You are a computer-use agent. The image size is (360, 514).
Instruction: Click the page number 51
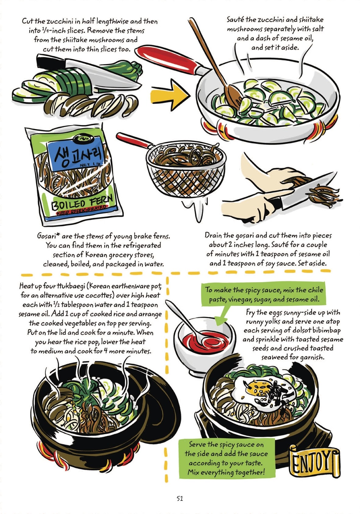[x=180, y=498]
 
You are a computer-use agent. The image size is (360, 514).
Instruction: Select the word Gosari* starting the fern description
[x=48, y=236]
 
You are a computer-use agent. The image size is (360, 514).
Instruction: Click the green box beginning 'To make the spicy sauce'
[x=264, y=294]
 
